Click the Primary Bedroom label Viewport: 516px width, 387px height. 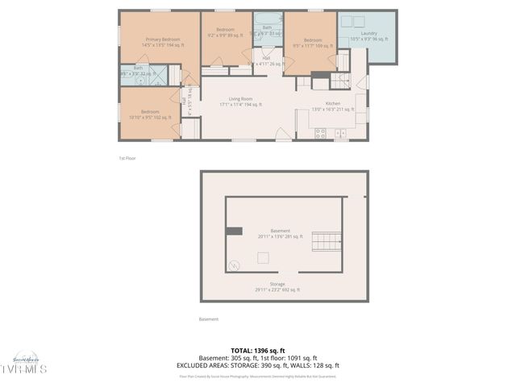tap(162, 42)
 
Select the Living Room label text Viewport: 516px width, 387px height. tap(240, 102)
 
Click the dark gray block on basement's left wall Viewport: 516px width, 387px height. tap(234, 231)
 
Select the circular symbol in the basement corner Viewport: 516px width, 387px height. tap(235, 264)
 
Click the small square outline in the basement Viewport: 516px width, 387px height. tap(263, 258)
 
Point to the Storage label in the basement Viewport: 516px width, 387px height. tap(278, 287)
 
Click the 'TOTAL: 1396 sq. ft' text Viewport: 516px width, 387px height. tap(258, 351)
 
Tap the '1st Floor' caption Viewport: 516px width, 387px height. tap(127, 158)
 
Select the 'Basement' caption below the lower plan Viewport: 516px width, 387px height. tap(208, 319)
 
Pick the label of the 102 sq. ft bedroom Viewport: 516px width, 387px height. tap(150, 114)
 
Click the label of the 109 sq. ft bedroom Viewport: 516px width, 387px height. tap(314, 42)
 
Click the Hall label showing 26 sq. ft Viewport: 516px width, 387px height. tap(266, 61)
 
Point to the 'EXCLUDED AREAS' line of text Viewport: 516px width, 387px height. tap(258, 365)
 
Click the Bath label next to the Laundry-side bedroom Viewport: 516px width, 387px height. tap(267, 31)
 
